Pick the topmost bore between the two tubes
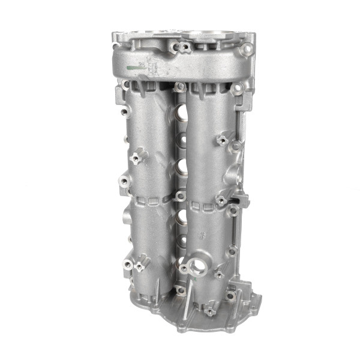coord(179,113)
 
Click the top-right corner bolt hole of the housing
coord(246,50)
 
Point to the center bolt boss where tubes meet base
coord(180,290)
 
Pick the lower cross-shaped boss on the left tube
coord(139,265)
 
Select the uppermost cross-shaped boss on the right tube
coord(223,140)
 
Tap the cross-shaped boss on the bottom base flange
coord(209,310)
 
